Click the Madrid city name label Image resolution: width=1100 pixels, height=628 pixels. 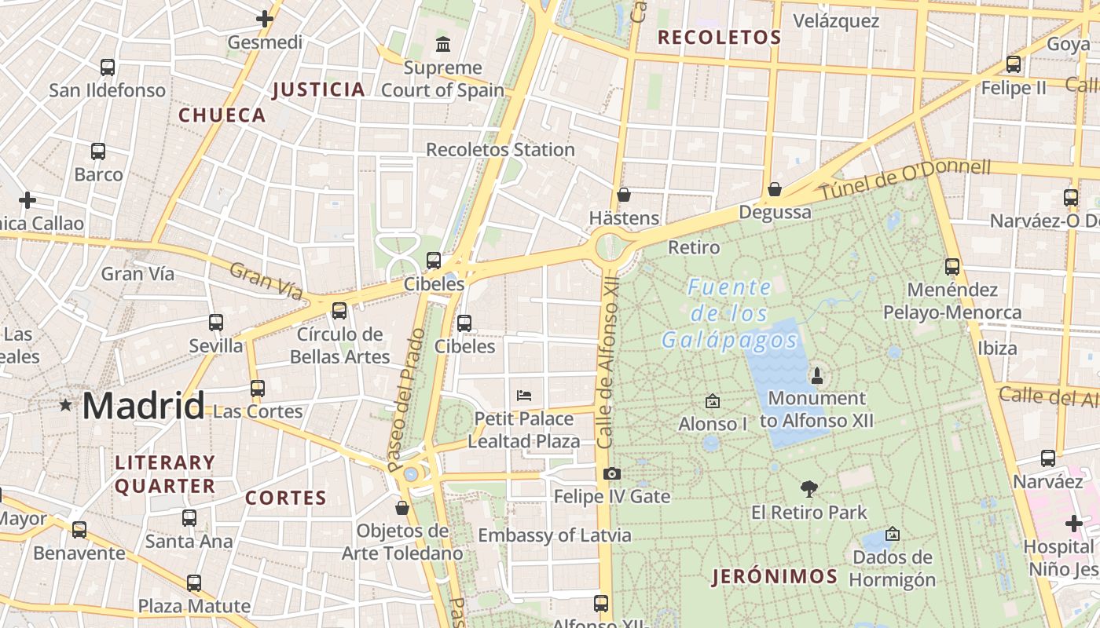click(143, 406)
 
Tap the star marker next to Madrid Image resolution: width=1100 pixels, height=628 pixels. click(65, 405)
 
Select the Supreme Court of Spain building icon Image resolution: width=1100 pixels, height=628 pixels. click(442, 43)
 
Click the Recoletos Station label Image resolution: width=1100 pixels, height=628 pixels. click(500, 149)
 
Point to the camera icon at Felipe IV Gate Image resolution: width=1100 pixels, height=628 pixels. click(612, 473)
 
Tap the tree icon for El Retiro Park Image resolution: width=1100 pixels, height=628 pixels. click(808, 489)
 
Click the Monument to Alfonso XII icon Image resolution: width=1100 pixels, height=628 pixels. click(816, 375)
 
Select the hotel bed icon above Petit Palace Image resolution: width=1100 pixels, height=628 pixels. click(524, 395)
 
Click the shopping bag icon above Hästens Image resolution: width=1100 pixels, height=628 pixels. click(624, 194)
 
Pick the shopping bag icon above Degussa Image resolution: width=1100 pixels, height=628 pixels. click(775, 188)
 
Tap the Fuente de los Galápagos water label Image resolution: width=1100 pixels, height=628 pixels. click(729, 314)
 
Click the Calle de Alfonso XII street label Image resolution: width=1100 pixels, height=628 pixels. click(607, 367)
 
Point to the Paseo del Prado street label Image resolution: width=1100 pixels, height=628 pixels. click(406, 400)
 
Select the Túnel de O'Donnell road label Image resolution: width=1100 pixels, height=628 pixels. click(905, 179)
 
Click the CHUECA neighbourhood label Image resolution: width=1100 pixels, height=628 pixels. click(222, 115)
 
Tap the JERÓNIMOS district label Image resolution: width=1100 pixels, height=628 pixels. click(775, 577)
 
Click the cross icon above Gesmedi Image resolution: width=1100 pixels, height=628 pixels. click(265, 18)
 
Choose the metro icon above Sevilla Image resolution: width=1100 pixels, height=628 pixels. click(216, 322)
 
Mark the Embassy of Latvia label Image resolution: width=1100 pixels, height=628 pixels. click(554, 535)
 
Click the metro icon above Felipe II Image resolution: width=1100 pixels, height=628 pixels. click(1014, 64)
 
